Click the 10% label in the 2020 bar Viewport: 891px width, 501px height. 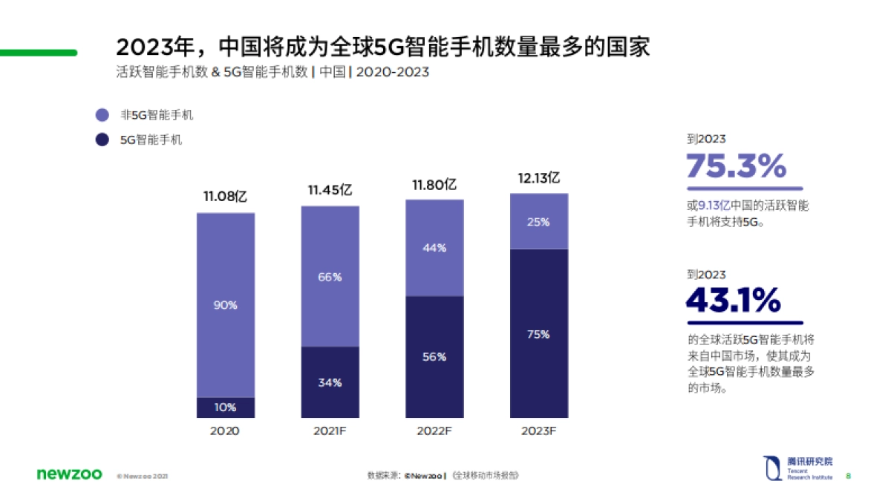pos(225,407)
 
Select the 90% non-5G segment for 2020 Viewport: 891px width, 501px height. pos(225,305)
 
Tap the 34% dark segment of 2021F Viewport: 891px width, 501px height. pos(330,383)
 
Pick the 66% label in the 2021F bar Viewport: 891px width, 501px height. pos(330,277)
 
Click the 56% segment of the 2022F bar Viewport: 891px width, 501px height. pos(434,357)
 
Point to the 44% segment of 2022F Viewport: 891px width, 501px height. pos(434,248)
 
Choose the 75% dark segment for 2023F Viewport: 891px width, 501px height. pos(538,335)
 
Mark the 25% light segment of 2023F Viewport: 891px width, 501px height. pos(538,222)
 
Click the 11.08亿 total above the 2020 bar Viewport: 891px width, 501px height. pos(225,197)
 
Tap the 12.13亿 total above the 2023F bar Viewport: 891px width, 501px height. pos(538,178)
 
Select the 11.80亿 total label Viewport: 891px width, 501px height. pos(434,184)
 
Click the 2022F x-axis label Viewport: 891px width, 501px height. pos(434,431)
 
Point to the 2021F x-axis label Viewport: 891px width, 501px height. pos(330,431)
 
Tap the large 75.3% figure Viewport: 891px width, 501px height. pos(736,166)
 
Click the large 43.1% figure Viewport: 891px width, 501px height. pos(734,301)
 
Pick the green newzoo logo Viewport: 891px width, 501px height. pos(68,474)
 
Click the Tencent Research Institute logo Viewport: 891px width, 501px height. pos(797,468)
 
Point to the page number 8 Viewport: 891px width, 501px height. pos(849,476)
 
